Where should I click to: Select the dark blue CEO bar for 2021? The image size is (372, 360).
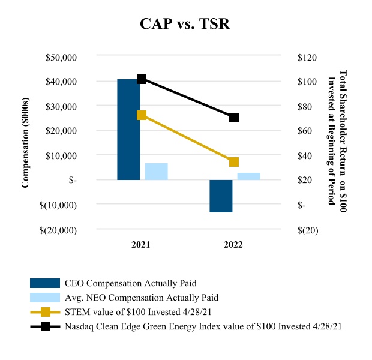click(128, 129)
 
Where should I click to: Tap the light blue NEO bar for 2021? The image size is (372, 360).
click(156, 172)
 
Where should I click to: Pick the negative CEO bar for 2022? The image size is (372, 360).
click(221, 196)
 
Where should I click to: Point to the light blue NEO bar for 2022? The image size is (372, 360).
click(248, 176)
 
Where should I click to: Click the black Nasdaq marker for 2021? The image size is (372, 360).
click(142, 79)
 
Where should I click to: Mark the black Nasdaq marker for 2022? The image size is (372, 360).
click(234, 118)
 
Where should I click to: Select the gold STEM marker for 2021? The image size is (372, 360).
click(142, 115)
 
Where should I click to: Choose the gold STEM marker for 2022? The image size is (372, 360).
click(234, 162)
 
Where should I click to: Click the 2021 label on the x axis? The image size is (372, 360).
click(142, 245)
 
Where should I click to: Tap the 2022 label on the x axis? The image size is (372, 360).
click(234, 245)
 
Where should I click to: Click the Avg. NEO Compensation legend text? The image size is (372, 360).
click(142, 298)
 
